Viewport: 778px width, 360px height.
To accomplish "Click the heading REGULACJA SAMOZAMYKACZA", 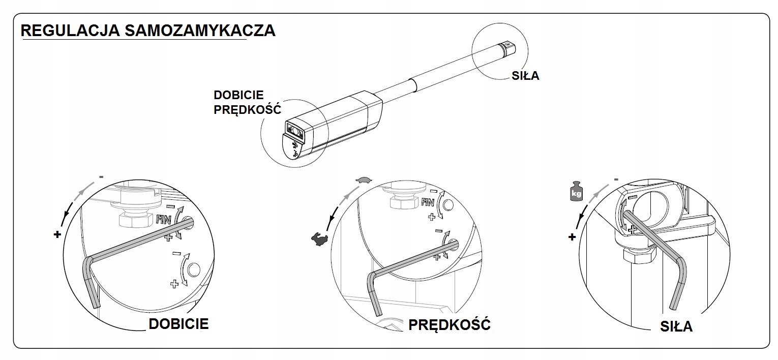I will click(x=148, y=31).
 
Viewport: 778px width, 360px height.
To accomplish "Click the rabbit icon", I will click(x=319, y=238).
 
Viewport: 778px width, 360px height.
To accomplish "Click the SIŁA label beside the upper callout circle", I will click(x=525, y=76).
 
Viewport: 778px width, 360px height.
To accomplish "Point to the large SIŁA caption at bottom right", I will click(x=676, y=326).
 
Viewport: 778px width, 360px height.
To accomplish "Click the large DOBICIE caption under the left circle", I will click(x=178, y=324).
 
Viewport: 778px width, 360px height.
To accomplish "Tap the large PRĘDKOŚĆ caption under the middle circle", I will click(x=450, y=324).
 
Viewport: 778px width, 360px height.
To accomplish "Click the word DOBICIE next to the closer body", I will click(x=238, y=95).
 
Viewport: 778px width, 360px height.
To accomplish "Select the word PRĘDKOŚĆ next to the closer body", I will click(x=247, y=110).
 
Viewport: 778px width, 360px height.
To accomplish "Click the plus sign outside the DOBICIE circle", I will click(x=57, y=234).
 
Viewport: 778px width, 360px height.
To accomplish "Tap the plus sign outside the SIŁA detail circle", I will click(x=572, y=236).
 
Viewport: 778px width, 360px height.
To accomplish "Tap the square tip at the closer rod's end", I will click(x=509, y=48).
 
